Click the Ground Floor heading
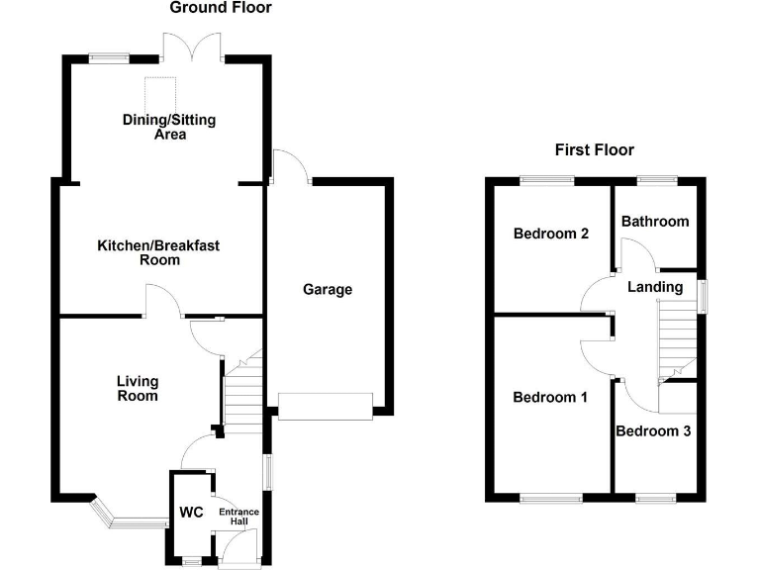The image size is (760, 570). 221,8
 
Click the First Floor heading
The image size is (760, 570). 594,150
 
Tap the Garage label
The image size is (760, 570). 328,290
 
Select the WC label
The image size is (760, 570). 191,513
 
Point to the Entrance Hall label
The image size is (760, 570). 238,517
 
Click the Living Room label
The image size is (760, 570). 138,388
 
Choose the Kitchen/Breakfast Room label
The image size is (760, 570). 139,252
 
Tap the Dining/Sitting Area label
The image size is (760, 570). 169,127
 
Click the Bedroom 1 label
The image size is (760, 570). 550,397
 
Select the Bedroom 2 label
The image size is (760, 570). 551,235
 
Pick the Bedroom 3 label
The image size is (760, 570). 653,431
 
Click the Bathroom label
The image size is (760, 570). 654,221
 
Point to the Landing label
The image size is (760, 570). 655,287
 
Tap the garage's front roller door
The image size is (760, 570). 326,407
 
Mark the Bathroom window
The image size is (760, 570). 656,179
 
